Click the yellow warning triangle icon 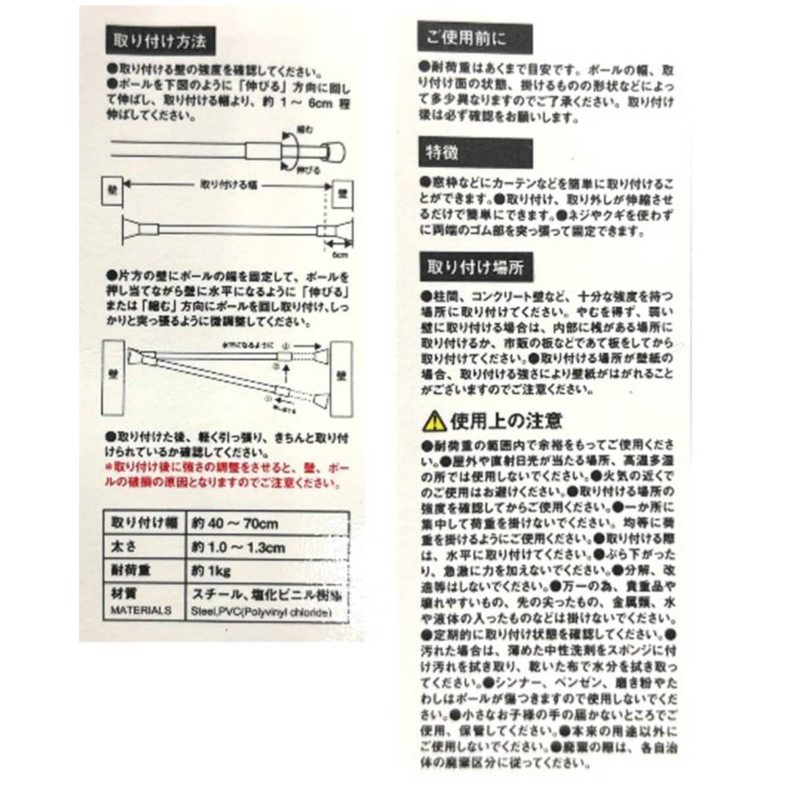pos(434,421)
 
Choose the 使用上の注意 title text pos(506,421)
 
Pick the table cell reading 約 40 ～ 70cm pos(235,524)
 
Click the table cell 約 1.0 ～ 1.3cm pos(238,547)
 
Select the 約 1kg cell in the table pos(211,570)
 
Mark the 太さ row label pos(125,546)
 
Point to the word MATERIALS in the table pos(141,611)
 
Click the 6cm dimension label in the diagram pos(340,254)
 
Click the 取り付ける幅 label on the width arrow pos(224,186)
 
